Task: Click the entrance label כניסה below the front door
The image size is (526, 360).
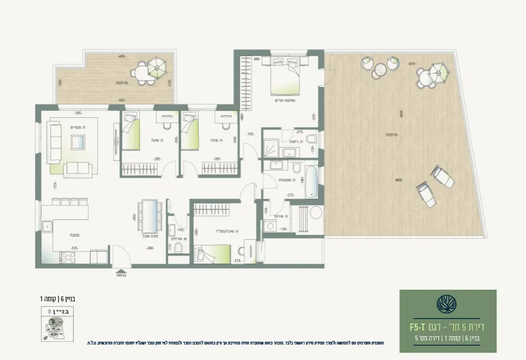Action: click(121, 274)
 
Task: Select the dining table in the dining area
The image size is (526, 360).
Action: click(149, 216)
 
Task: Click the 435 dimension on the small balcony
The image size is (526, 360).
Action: click(122, 56)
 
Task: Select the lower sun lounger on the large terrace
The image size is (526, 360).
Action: click(425, 194)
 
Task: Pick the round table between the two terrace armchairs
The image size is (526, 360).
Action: click(380, 70)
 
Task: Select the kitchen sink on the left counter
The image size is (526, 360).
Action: click(48, 225)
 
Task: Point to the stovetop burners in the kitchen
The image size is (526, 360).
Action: click(68, 256)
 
